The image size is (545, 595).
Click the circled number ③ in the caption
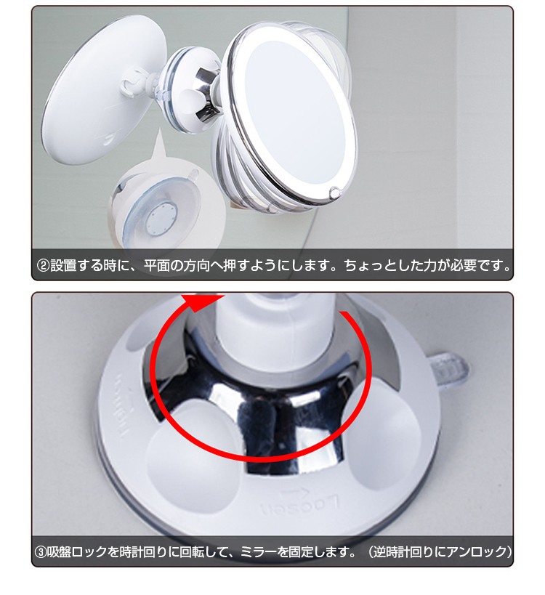tap(42, 552)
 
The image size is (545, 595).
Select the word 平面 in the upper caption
tap(182, 266)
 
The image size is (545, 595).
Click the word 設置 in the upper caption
tap(62, 266)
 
